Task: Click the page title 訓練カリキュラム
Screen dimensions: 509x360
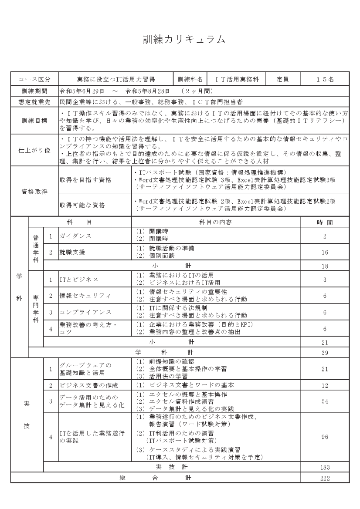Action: [x=184, y=39]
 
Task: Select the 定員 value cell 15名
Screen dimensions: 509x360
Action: [x=325, y=80]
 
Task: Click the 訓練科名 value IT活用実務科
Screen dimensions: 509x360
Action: [x=237, y=80]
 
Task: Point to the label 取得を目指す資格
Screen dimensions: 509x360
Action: [x=85, y=179]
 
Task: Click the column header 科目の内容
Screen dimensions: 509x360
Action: [x=215, y=222]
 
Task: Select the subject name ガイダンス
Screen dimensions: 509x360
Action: [x=76, y=236]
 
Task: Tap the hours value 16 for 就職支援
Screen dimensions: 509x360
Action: [x=325, y=252]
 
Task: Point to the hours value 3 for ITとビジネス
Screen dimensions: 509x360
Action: [x=325, y=280]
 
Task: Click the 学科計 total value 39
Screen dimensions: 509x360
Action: [x=325, y=352]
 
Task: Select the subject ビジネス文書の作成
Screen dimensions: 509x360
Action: [x=89, y=385]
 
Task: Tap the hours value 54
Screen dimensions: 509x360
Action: [x=325, y=401]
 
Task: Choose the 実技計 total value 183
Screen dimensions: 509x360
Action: [x=325, y=467]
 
